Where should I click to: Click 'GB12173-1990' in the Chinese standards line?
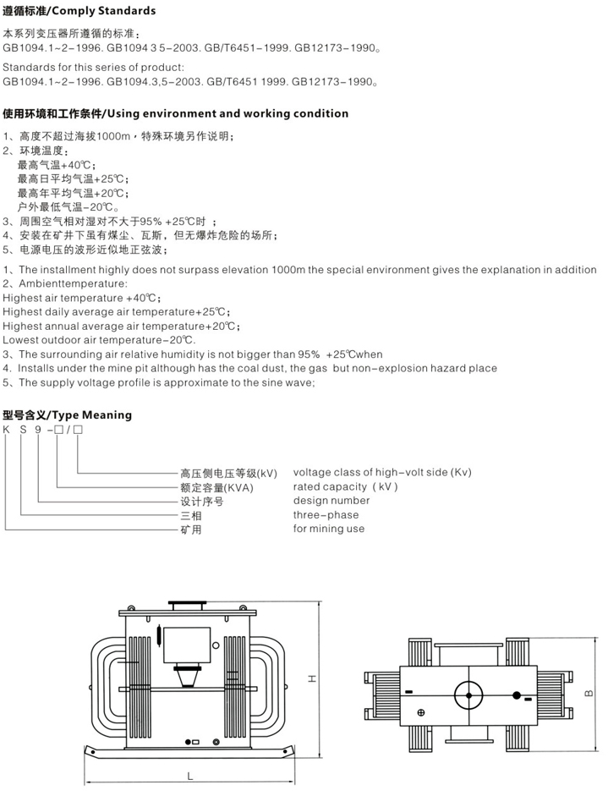[x=339, y=48]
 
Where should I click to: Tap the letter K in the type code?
[x=6, y=431]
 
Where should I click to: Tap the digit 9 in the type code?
[x=41, y=431]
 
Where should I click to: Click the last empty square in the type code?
[x=78, y=431]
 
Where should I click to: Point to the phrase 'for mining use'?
[x=329, y=529]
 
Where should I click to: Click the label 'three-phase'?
[x=326, y=514]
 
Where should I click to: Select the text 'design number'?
[x=331, y=500]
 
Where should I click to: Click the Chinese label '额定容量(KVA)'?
[x=216, y=487]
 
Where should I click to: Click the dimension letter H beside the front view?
[x=310, y=678]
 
